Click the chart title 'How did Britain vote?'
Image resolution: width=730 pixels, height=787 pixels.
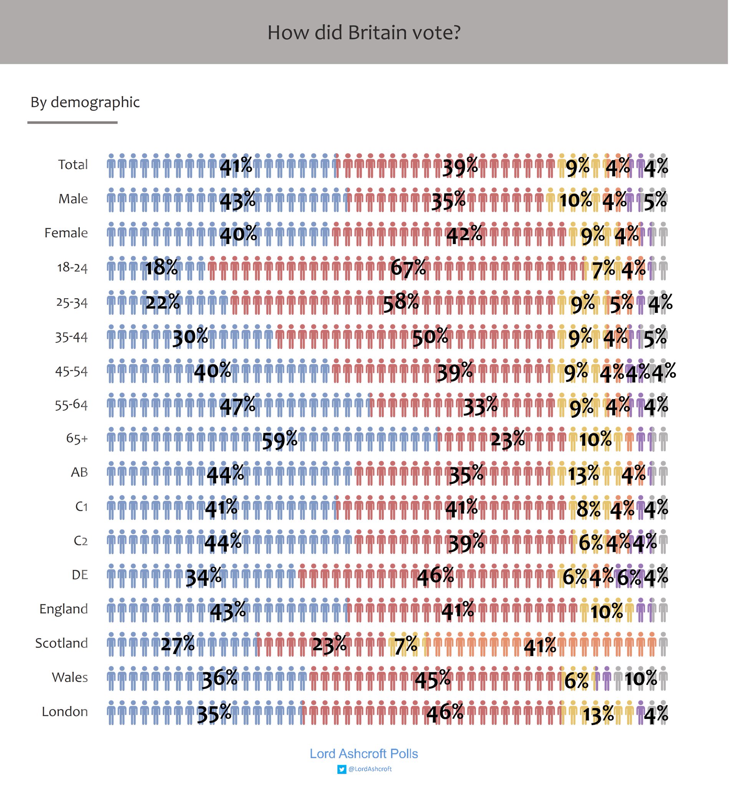click(x=364, y=32)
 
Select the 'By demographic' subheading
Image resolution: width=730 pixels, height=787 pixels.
click(x=85, y=102)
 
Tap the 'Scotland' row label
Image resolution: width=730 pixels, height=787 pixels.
click(x=61, y=643)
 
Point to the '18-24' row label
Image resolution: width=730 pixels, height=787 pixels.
click(x=72, y=267)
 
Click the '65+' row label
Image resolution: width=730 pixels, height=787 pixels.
click(x=77, y=438)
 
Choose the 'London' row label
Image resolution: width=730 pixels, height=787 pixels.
click(x=65, y=711)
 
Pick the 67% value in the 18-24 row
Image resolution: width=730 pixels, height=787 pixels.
click(x=408, y=268)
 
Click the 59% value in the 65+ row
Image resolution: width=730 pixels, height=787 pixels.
click(x=280, y=439)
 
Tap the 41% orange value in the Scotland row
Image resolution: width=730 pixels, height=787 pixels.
click(x=540, y=646)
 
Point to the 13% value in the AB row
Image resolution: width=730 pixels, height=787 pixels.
click(x=583, y=474)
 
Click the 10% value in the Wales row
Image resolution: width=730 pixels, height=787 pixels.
click(x=641, y=679)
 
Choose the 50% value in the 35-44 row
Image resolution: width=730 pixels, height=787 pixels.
click(x=430, y=337)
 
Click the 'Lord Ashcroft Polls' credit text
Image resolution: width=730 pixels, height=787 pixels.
click(x=364, y=754)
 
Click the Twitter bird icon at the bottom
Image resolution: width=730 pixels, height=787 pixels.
click(x=342, y=769)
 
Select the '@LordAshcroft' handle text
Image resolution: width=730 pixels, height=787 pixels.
click(x=370, y=769)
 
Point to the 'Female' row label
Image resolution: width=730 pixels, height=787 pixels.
click(x=66, y=233)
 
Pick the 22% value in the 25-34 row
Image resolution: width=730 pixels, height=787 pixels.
click(x=163, y=302)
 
